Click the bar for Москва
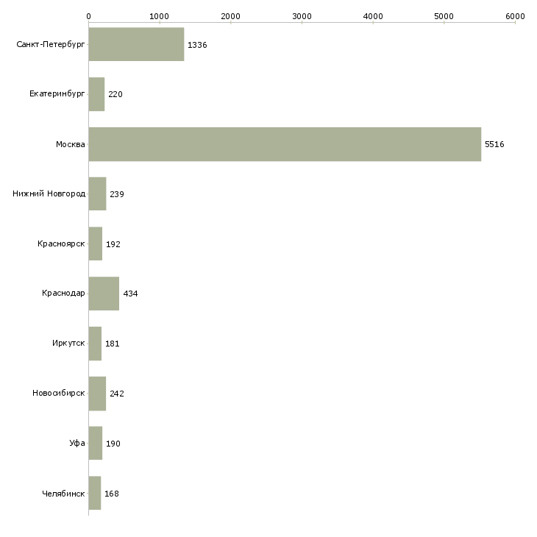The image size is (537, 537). click(x=285, y=144)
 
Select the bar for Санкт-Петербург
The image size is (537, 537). click(x=136, y=45)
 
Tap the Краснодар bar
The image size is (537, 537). click(x=104, y=294)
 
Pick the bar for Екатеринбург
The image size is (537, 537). click(x=96, y=94)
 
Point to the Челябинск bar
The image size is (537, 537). click(x=94, y=493)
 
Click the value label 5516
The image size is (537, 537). click(x=494, y=144)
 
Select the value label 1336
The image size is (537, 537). click(x=197, y=45)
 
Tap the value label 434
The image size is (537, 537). click(x=130, y=294)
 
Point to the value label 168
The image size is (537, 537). click(x=112, y=494)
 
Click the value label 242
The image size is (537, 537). click(x=117, y=394)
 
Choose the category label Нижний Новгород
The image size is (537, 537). click(x=49, y=194)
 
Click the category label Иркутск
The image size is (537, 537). click(x=69, y=344)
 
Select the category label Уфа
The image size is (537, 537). click(x=77, y=444)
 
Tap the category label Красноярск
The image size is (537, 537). click(x=61, y=243)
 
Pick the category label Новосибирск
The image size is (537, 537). click(x=59, y=394)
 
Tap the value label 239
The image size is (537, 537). click(x=117, y=194)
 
